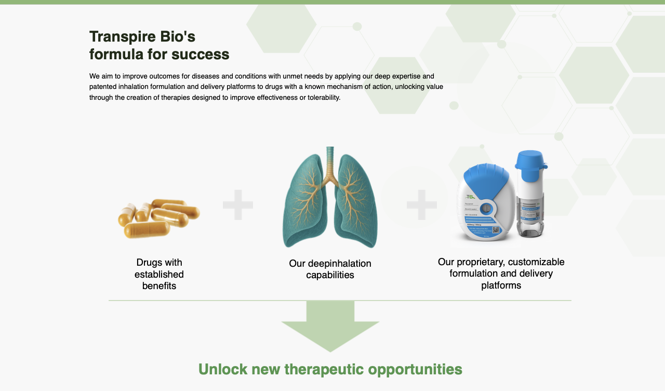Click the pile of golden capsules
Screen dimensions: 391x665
(158, 218)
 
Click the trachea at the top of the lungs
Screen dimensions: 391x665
(330, 161)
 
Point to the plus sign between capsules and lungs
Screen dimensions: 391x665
(238, 204)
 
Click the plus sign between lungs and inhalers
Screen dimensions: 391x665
(421, 204)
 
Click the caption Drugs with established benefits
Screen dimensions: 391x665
(159, 274)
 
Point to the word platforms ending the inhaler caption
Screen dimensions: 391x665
(501, 285)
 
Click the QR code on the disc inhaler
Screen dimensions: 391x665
(496, 230)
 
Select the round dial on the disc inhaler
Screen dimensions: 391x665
(487, 209)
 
